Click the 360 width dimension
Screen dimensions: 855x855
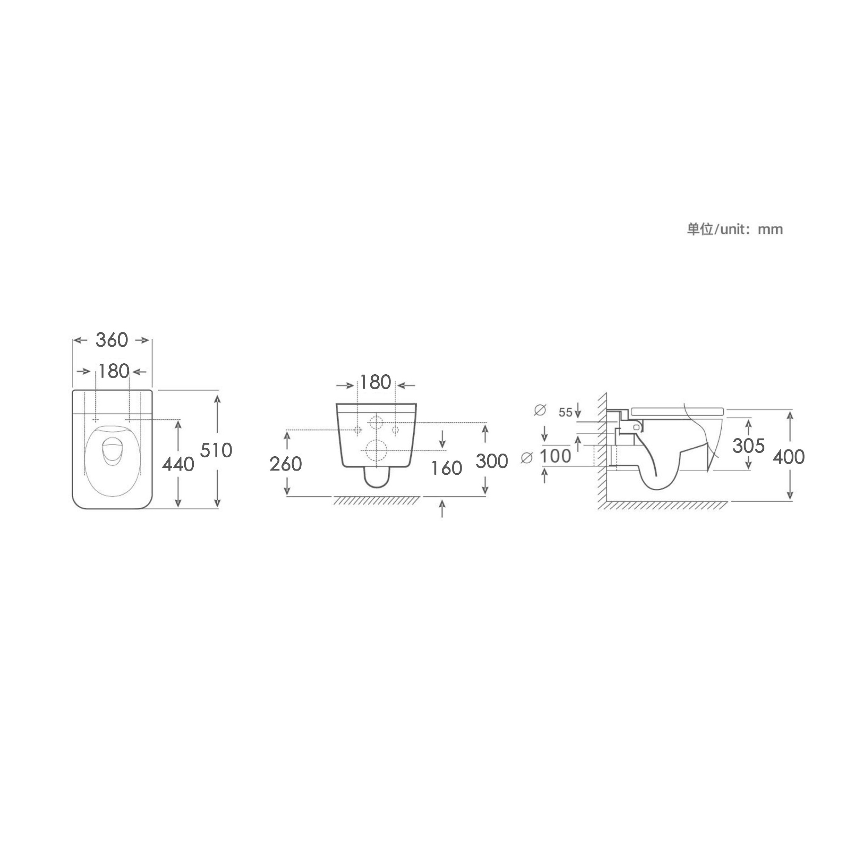[x=112, y=340]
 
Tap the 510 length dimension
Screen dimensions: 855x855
[x=216, y=451]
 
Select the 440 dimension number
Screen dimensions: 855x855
[x=178, y=464]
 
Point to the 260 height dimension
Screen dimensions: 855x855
[x=286, y=464]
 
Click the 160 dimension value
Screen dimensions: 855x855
[x=446, y=468]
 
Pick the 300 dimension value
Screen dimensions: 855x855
[x=492, y=461]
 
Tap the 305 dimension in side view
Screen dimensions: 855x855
[x=749, y=446]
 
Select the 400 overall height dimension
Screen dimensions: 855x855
[x=789, y=457]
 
